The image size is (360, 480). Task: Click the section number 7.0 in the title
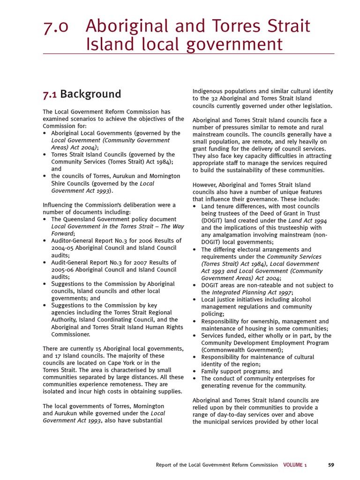click(56, 26)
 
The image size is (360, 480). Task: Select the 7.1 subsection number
click(50, 94)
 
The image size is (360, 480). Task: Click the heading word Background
click(90, 94)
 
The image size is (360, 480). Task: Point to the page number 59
click(331, 465)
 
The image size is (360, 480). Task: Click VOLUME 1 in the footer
click(295, 465)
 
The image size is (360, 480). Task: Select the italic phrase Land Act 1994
click(307, 220)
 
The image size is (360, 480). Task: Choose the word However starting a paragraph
click(206, 185)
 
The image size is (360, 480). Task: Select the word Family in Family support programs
click(210, 371)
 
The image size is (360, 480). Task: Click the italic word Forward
click(62, 233)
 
